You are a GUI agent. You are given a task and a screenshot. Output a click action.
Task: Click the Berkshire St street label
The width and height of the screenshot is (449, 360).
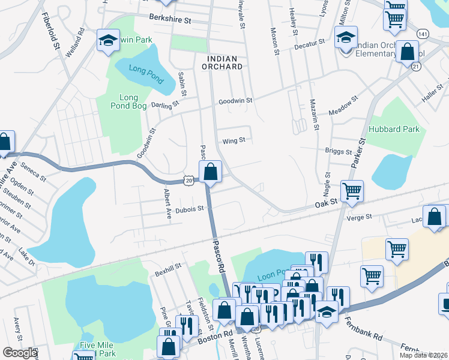pyautogui.click(x=170, y=20)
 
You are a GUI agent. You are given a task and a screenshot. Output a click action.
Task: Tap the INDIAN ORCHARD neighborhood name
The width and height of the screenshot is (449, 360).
pyautogui.click(x=224, y=64)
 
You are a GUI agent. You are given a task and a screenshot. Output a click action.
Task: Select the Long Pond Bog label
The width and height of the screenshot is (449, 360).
pyautogui.click(x=128, y=102)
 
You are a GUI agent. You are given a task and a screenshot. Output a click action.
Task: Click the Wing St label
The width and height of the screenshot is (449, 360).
pyautogui.click(x=234, y=141)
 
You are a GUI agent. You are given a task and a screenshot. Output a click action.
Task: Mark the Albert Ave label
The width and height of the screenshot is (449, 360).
pyautogui.click(x=168, y=205)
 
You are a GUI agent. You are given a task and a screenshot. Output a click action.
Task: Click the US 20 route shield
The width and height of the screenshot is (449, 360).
pyautogui.click(x=189, y=180)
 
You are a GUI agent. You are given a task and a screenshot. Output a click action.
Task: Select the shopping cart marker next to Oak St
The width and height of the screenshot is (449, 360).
pyautogui.click(x=352, y=191)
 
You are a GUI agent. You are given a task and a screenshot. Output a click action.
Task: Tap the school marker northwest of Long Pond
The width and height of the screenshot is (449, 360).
pyautogui.click(x=108, y=41)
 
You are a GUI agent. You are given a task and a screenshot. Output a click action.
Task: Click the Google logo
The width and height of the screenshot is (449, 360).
pyautogui.click(x=19, y=353)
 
